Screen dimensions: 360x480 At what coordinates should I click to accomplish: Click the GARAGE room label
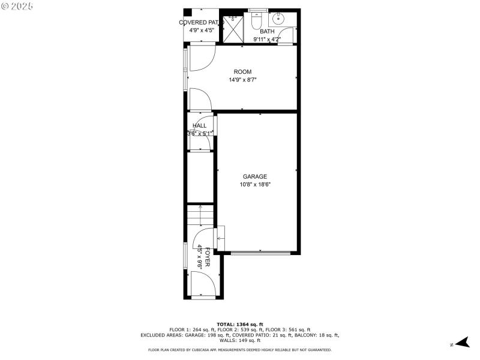pos(255,176)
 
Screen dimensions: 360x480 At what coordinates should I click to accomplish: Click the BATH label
pos(267,31)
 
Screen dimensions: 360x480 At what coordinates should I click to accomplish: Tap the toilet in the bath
pos(256,22)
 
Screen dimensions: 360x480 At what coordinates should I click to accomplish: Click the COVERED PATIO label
pos(201,23)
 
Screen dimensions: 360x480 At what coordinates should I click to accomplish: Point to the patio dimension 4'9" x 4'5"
pos(201,31)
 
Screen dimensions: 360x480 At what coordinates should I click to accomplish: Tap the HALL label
pos(199,126)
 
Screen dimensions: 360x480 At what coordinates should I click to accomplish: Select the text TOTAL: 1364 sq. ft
pos(240,324)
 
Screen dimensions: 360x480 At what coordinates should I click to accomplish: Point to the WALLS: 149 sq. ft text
pos(240,341)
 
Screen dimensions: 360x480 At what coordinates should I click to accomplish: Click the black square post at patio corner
pos(187,12)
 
